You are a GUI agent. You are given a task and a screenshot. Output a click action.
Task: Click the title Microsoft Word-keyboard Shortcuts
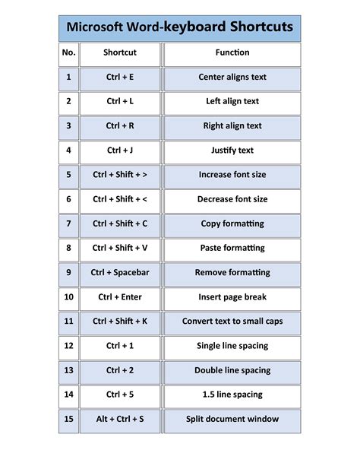[x=180, y=27]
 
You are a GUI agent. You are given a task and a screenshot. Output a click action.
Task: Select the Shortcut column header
[x=120, y=52]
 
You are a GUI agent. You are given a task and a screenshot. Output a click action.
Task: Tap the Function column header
[x=232, y=52]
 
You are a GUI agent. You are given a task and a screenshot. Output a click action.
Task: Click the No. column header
[x=69, y=52]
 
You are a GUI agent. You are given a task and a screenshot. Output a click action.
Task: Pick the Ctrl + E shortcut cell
[x=120, y=77]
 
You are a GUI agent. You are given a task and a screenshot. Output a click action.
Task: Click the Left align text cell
[x=232, y=101]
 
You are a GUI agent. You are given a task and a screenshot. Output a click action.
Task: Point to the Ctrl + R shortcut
[x=120, y=125]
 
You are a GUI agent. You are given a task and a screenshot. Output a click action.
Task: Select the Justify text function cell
[x=232, y=151]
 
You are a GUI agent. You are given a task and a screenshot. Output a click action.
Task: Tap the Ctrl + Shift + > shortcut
[x=120, y=175]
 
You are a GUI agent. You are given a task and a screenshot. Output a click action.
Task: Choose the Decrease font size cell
[x=232, y=199]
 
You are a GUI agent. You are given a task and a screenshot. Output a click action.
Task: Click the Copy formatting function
[x=232, y=223]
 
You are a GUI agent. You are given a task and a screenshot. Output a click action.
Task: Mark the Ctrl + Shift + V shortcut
[x=120, y=248]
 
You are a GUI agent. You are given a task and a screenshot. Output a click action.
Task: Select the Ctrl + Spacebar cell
[x=120, y=272]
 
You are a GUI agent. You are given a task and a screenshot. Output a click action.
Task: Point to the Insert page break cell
[x=232, y=296]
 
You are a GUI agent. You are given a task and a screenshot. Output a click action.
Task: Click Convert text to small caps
[x=232, y=322]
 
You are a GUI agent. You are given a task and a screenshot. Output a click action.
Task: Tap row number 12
[x=69, y=346]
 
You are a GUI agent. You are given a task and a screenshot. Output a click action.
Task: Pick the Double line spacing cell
[x=232, y=370]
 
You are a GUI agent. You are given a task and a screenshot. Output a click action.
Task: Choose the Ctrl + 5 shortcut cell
[x=120, y=395]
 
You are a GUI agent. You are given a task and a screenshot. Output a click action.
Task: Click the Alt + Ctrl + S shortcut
[x=120, y=419]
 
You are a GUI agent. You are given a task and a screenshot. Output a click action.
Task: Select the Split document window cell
[x=232, y=419]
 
